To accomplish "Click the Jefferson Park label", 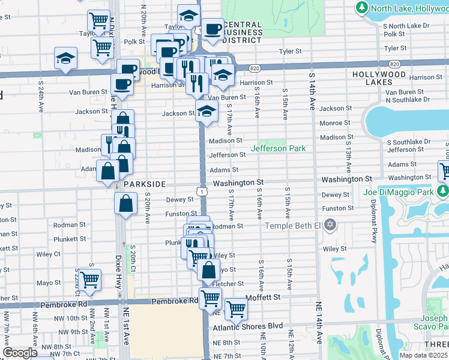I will coord(278,148).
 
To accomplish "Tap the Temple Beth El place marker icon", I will coord(330,226).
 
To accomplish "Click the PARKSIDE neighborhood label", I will coord(144,184).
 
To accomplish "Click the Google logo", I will coord(20,352).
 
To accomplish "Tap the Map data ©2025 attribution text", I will coord(423,355).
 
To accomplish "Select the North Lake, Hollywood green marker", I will coord(362,8).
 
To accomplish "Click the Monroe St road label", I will coord(336,122).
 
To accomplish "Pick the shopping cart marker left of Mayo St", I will coord(89,279).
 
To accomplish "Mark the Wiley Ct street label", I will coord(49,254).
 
